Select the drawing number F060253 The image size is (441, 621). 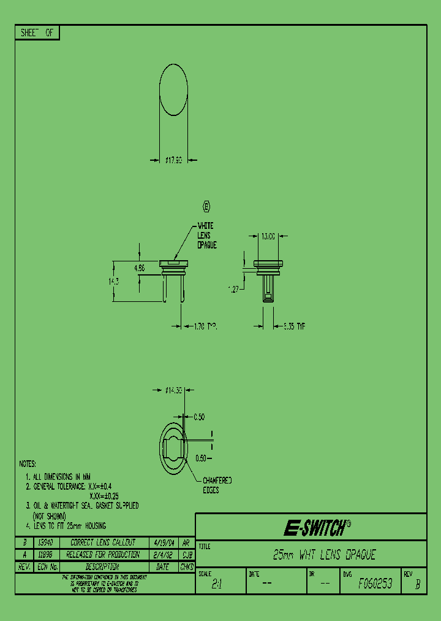pyautogui.click(x=375, y=584)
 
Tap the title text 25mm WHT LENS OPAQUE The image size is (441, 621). pyautogui.click(x=323, y=555)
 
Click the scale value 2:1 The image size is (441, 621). pyautogui.click(x=216, y=585)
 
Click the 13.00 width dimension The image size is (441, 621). pyautogui.click(x=268, y=236)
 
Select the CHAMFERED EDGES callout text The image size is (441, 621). pyautogui.click(x=217, y=485)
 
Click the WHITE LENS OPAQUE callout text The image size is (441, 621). pyautogui.click(x=207, y=236)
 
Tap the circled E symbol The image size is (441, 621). pyautogui.click(x=206, y=207)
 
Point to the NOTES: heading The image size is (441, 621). pyautogui.click(x=28, y=463)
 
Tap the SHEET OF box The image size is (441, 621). pyautogui.click(x=37, y=34)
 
